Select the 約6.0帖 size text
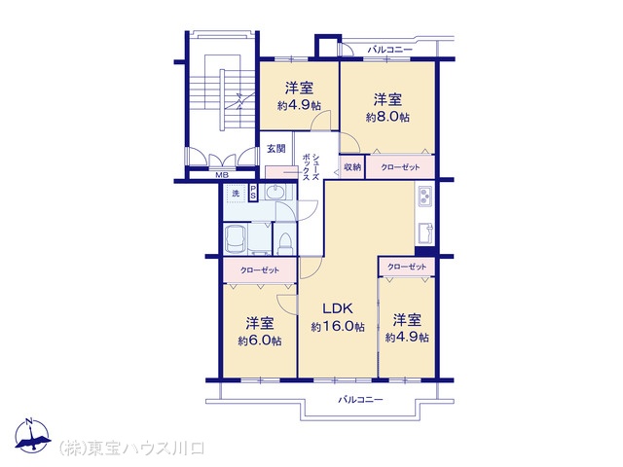pyautogui.click(x=260, y=341)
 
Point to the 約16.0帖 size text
pyautogui.click(x=338, y=328)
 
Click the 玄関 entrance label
pyautogui.click(x=275, y=149)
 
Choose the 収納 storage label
pyautogui.click(x=351, y=167)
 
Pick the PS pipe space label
pyautogui.click(x=253, y=193)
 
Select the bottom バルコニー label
pyautogui.click(x=360, y=400)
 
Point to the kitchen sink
pyautogui.click(x=424, y=234)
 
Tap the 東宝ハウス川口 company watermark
pyautogui.click(x=131, y=449)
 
